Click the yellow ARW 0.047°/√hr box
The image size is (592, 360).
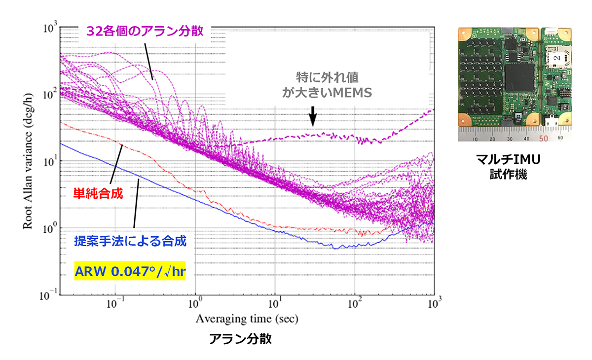pos(129,271)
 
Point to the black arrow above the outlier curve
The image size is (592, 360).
pos(312,116)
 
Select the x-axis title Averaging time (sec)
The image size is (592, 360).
pos(246,319)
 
